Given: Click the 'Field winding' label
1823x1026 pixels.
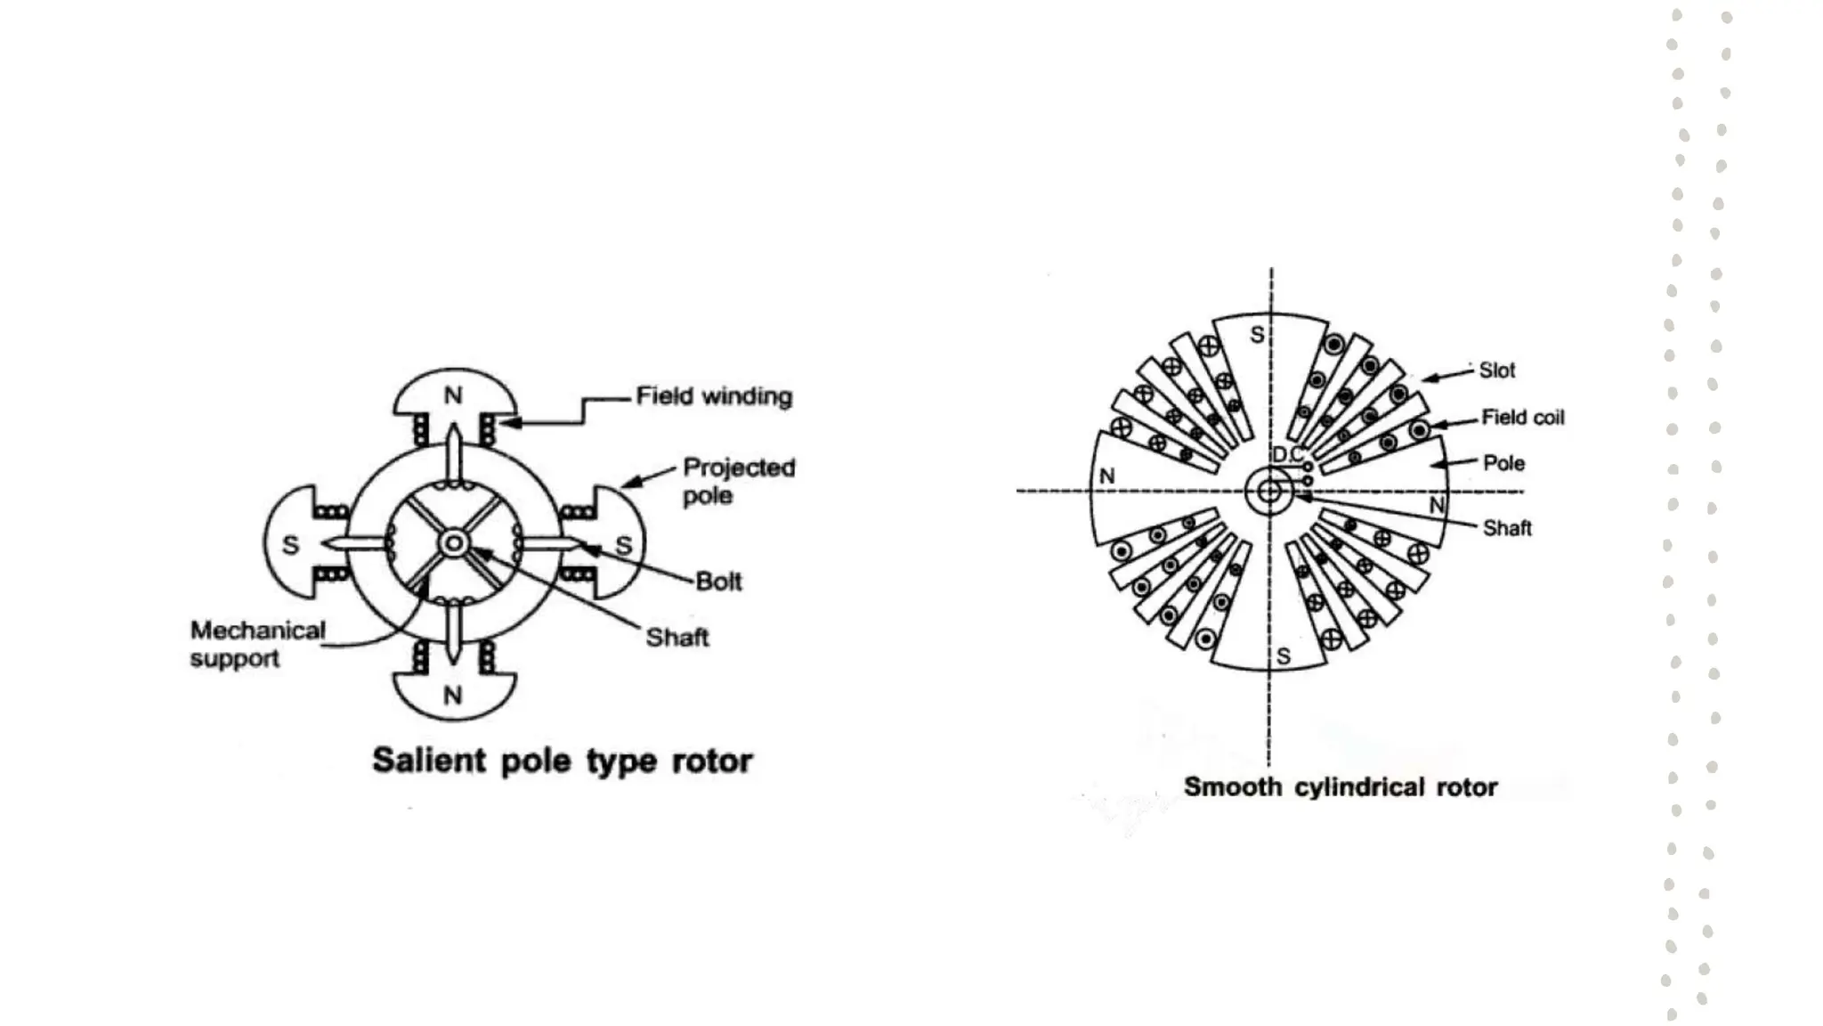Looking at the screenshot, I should pyautogui.click(x=714, y=396).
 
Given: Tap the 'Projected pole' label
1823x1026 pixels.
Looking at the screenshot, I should pyautogui.click(x=738, y=481).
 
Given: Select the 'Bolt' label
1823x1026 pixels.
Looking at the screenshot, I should pyautogui.click(x=718, y=582).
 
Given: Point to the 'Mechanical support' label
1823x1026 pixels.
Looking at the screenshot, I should pyautogui.click(x=257, y=644).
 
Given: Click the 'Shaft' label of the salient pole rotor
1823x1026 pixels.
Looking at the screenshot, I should pyautogui.click(x=677, y=638).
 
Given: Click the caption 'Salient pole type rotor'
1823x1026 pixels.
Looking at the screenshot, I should pyautogui.click(x=562, y=761).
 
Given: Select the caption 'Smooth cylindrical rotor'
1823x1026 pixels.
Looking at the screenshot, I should pyautogui.click(x=1340, y=787).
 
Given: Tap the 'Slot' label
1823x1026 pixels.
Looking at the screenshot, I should pyautogui.click(x=1496, y=370).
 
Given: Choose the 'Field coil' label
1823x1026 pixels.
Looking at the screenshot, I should pyautogui.click(x=1522, y=418).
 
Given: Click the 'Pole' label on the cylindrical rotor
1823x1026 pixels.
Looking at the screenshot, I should pyautogui.click(x=1503, y=463).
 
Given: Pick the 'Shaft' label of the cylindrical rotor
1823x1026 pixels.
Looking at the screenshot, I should pyautogui.click(x=1507, y=528).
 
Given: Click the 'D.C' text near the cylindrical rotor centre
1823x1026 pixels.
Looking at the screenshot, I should pyautogui.click(x=1287, y=455).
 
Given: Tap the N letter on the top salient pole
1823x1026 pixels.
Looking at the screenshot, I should pyautogui.click(x=453, y=395).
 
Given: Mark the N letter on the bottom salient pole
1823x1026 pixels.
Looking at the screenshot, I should pyautogui.click(x=453, y=695).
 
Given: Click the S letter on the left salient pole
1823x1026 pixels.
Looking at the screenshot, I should pyautogui.click(x=290, y=545).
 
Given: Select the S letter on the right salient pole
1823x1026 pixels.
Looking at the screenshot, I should pyautogui.click(x=624, y=545).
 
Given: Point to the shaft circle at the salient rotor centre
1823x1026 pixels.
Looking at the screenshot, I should pyautogui.click(x=454, y=543).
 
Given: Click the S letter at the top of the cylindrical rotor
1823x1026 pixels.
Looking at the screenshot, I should pyautogui.click(x=1257, y=335).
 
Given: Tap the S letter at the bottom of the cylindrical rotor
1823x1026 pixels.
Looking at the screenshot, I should pyautogui.click(x=1283, y=656).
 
